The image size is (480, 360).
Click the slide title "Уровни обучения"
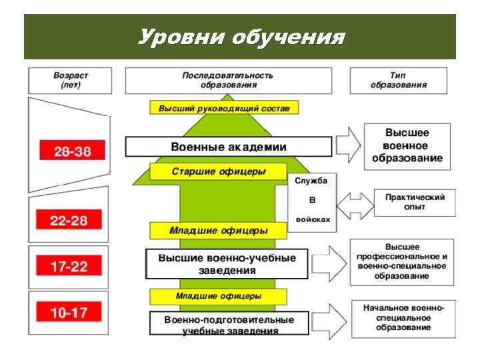point(241,37)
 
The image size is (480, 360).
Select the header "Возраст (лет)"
point(71,80)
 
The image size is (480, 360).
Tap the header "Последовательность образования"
point(227,80)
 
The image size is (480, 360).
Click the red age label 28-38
point(73,151)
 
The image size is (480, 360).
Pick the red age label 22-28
point(69,221)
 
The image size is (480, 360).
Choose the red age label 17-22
point(69,267)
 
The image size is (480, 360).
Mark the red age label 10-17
point(69,311)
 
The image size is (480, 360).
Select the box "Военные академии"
point(229,147)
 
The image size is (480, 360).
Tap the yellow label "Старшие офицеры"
point(219,171)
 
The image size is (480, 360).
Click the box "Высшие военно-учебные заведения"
point(227,265)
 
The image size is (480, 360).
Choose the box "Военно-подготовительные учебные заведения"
point(229,325)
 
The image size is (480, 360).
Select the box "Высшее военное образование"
point(407,145)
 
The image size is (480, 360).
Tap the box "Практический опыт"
point(415,202)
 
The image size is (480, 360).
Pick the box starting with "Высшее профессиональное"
point(401,261)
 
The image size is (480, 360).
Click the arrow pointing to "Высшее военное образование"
point(348,143)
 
